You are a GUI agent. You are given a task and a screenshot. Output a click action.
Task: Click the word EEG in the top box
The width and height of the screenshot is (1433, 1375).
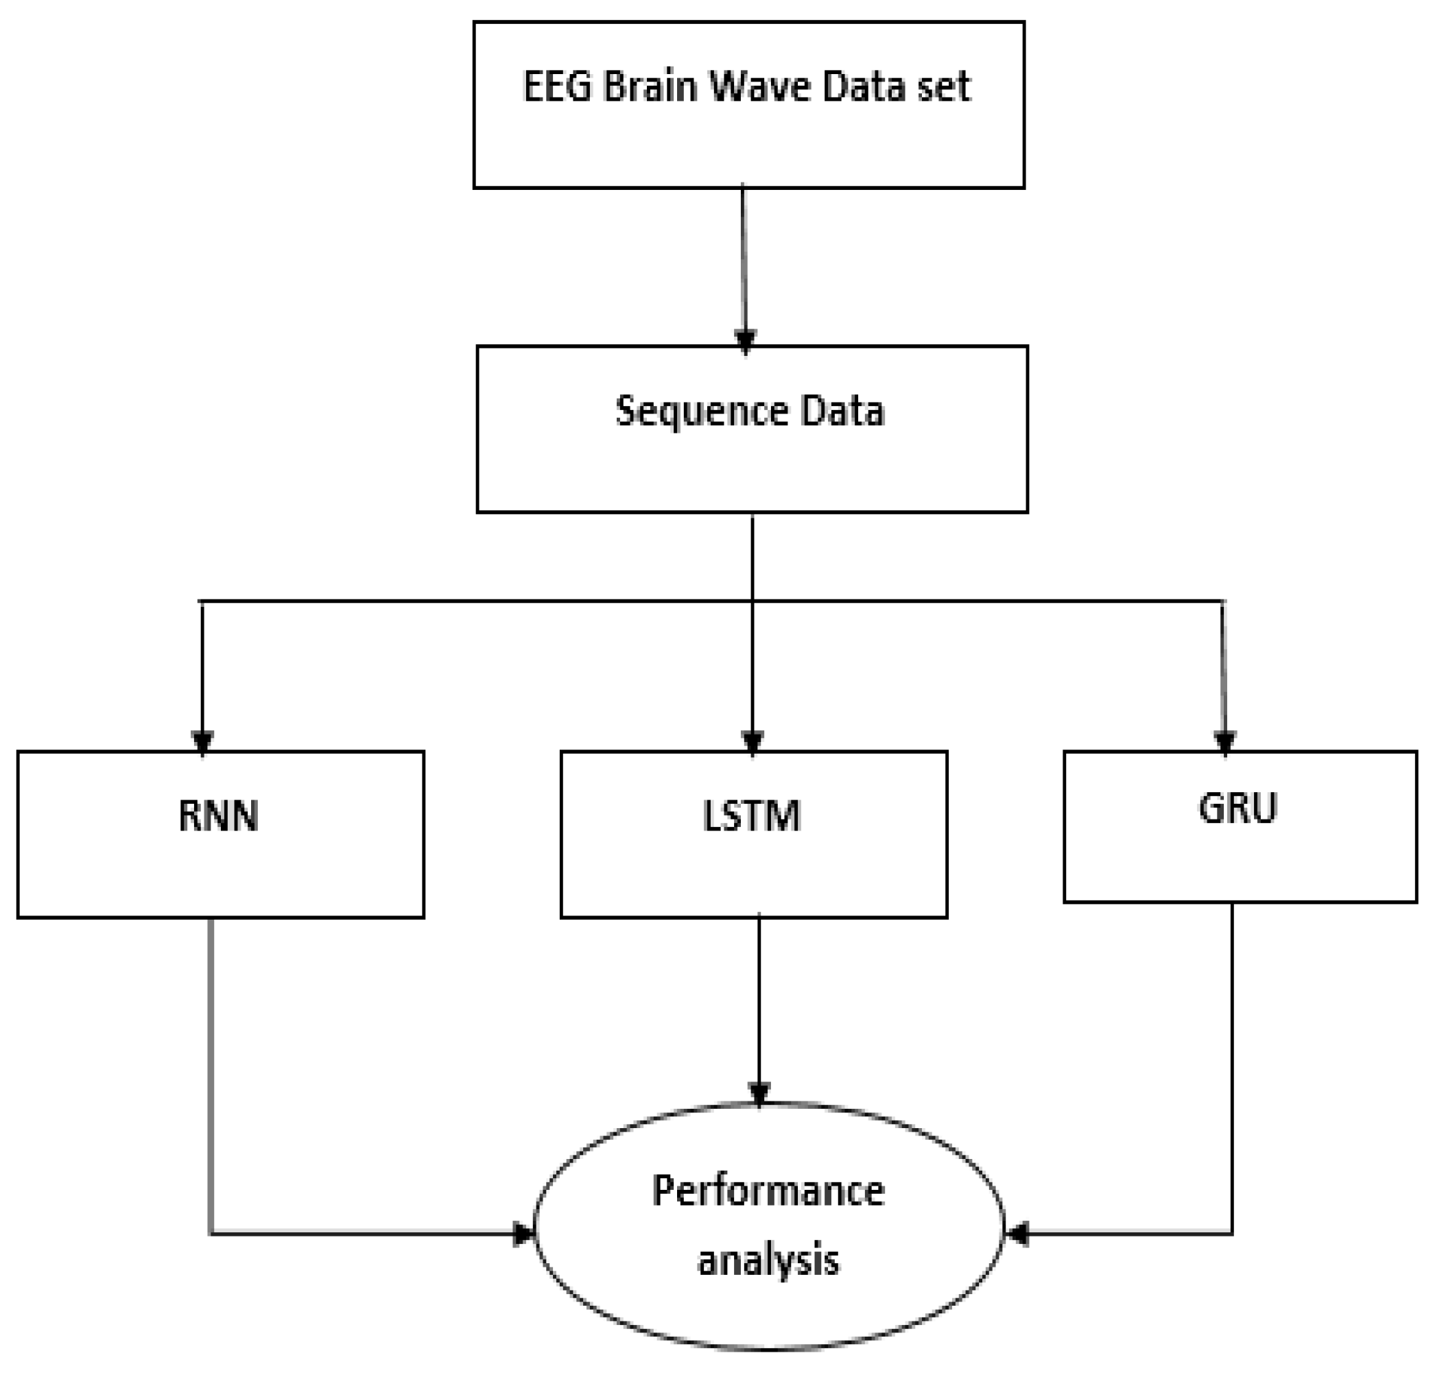tap(557, 87)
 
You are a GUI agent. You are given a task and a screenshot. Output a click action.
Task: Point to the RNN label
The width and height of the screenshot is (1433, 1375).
tap(218, 817)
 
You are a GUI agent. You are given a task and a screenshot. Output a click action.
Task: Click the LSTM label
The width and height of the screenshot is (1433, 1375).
tap(752, 817)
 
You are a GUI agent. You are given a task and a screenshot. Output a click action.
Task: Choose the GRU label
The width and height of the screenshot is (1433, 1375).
tap(1237, 809)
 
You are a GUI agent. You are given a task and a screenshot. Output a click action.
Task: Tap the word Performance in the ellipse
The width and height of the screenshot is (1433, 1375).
tap(768, 1191)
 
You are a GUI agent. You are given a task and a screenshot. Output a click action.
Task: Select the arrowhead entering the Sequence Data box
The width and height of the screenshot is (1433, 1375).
tap(745, 341)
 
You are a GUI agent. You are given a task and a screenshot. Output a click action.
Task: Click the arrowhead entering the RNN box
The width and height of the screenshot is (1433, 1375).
tap(202, 741)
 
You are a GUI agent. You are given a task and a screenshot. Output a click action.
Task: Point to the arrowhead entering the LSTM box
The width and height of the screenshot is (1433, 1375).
tap(753, 741)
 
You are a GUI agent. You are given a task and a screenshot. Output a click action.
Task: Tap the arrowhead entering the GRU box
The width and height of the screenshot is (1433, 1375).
tap(1224, 741)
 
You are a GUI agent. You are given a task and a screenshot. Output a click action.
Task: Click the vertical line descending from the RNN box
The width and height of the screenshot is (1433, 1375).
tap(211, 1060)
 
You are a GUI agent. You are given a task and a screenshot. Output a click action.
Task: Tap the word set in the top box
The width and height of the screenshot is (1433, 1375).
tap(947, 87)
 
